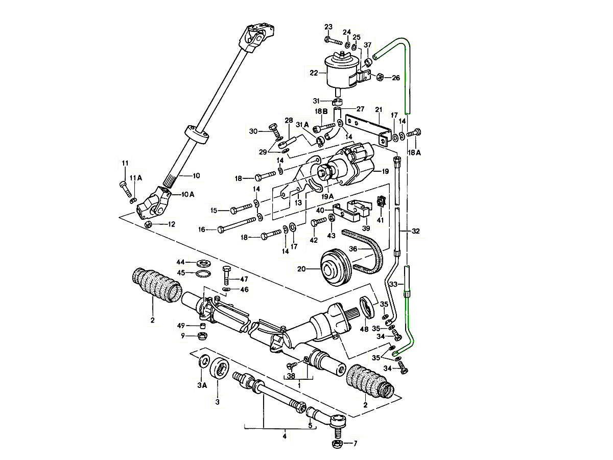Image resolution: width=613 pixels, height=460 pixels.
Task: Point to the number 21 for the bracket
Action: pos(378,109)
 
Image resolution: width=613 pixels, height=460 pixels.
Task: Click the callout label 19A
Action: pos(327,196)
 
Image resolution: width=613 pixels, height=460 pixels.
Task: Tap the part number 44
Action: pos(180,261)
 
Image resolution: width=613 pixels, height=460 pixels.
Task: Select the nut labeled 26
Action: pos(380,77)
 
